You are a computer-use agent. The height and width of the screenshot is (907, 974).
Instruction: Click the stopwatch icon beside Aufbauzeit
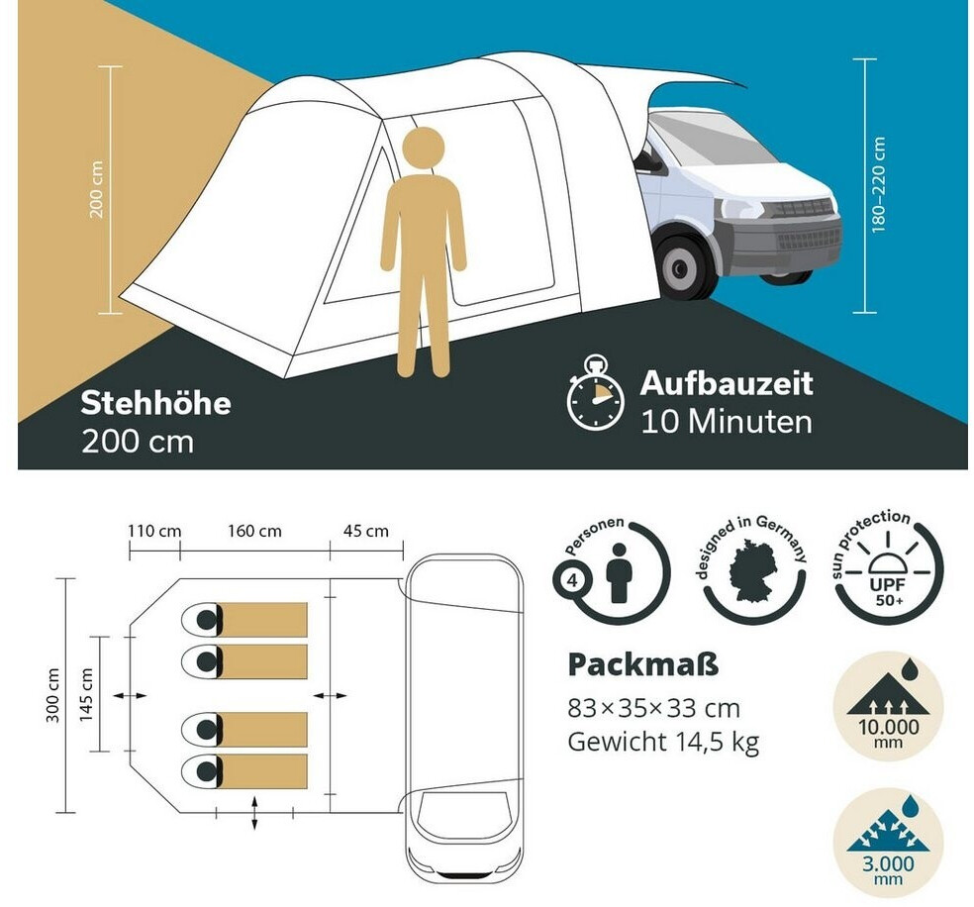pos(595,393)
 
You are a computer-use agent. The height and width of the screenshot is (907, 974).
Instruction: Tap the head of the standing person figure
pos(423,147)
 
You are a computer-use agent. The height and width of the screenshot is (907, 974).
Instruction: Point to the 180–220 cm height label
pos(878,185)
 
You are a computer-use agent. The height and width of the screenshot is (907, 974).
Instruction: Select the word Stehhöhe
pos(156,403)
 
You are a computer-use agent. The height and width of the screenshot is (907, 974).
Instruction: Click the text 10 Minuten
pos(727,422)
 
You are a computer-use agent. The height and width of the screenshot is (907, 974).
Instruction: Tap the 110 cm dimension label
pos(154,531)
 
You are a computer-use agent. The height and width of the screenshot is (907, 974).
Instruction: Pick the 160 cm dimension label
pos(254,531)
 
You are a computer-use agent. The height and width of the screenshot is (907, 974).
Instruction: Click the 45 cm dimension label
pos(366,531)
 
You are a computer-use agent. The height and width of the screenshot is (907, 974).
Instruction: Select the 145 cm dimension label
pos(86,694)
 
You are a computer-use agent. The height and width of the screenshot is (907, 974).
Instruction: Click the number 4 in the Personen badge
pos(572,581)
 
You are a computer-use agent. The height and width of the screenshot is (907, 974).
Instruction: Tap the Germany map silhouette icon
pos(754,571)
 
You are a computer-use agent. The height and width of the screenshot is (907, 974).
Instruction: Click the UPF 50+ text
pos(888,592)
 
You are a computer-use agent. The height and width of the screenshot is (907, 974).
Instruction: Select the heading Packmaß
pos(643,665)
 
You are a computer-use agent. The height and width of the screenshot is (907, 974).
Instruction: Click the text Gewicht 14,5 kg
pos(663,742)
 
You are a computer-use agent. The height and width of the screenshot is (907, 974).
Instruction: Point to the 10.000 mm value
pos(888,733)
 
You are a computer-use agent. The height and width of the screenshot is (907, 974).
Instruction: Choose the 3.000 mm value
pos(888,869)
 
